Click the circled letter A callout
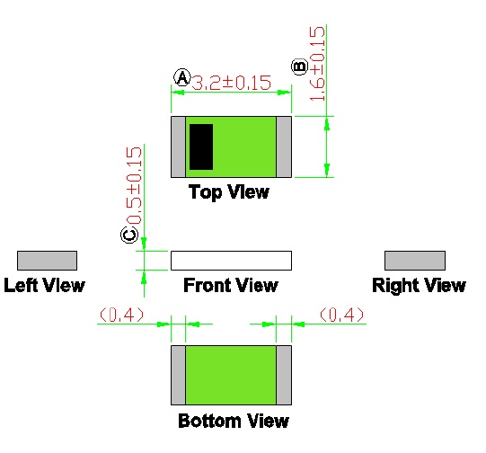[x=182, y=77]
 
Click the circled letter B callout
[x=300, y=67]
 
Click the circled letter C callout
[x=129, y=235]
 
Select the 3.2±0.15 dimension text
[x=232, y=83]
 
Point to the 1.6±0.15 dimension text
[x=317, y=64]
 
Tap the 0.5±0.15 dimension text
[x=134, y=185]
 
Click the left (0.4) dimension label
[x=122, y=315]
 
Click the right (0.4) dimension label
[x=341, y=315]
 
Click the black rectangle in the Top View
[x=201, y=147]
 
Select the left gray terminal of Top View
[x=178, y=147]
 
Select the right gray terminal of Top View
[x=284, y=147]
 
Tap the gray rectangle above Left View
[x=47, y=261]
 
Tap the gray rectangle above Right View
[x=415, y=261]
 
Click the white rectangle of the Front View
[x=231, y=261]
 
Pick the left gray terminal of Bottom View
[x=178, y=375]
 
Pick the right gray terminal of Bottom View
[x=284, y=375]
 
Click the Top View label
[x=229, y=192]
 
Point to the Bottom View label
[x=234, y=421]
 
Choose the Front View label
[x=231, y=285]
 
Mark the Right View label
[x=419, y=286]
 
